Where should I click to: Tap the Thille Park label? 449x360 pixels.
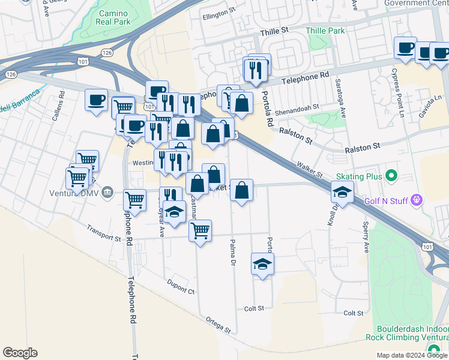click(x=325, y=31)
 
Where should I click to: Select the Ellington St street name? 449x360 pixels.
click(x=219, y=13)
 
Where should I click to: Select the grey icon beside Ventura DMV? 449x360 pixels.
click(x=107, y=192)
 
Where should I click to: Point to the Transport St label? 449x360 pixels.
click(x=103, y=233)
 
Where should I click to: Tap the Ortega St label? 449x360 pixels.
click(x=218, y=325)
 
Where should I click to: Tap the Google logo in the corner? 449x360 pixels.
click(x=20, y=353)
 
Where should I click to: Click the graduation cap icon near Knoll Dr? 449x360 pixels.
click(x=342, y=193)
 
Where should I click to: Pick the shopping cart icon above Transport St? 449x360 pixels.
click(x=200, y=230)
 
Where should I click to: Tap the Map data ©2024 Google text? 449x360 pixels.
click(x=411, y=355)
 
